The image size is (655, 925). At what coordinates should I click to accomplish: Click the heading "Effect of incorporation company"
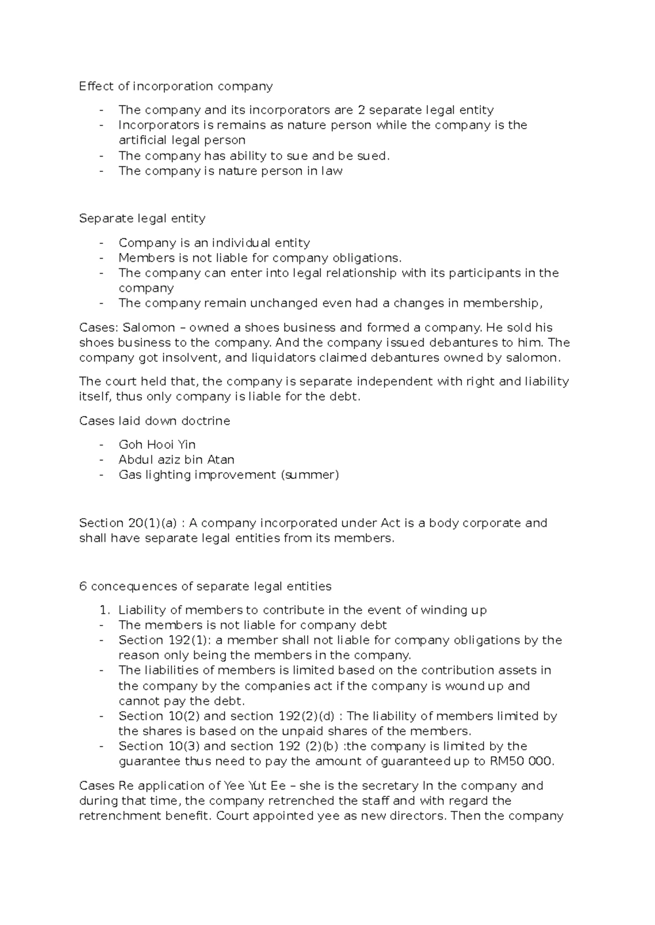(x=175, y=86)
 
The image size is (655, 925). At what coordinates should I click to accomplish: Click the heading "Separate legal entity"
(x=142, y=219)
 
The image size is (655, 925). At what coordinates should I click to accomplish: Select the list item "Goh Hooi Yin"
(x=157, y=445)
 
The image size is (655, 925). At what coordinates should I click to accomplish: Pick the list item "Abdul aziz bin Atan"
(x=176, y=460)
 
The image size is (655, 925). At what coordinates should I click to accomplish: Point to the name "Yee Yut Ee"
(x=251, y=786)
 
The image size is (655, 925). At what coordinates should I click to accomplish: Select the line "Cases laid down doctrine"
(x=154, y=421)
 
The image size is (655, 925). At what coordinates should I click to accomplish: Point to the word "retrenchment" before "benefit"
(x=116, y=816)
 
